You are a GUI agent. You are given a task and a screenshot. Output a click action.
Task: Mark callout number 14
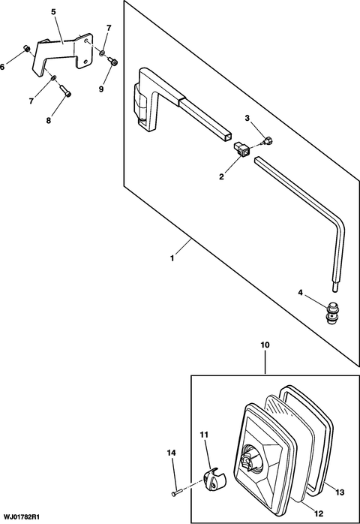point(171,453)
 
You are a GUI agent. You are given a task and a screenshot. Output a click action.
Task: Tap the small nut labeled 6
point(27,50)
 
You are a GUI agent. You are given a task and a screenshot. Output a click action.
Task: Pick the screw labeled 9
point(113,62)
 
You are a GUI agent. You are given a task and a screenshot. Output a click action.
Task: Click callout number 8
point(49,119)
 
